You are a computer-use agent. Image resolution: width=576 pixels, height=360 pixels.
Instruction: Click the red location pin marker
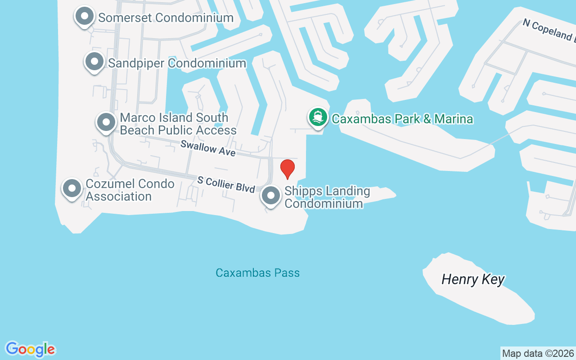[288, 169]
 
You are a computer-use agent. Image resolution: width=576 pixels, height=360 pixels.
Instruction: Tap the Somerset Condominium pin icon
[84, 17]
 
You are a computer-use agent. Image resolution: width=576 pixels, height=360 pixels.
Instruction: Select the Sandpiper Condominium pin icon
[94, 62]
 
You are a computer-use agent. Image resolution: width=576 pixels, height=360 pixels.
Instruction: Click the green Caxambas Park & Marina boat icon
[318, 117]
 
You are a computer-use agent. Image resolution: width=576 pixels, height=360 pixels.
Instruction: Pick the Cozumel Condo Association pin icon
[72, 189]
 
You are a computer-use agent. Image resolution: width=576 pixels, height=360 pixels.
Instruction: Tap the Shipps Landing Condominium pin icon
[271, 196]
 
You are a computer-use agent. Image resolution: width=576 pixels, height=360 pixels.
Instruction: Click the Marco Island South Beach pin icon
[106, 122]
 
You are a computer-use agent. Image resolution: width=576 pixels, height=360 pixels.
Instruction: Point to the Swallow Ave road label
[208, 148]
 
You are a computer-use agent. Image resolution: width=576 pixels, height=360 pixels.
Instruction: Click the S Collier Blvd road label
[226, 184]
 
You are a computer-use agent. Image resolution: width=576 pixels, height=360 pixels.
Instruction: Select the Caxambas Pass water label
[257, 273]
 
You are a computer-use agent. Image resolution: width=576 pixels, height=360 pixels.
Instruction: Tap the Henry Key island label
[473, 279]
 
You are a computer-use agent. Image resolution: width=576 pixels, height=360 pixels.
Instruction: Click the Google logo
[30, 349]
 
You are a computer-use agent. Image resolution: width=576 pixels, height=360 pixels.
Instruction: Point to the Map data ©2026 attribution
[538, 353]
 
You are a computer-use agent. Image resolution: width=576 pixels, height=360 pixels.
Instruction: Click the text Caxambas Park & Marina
[402, 119]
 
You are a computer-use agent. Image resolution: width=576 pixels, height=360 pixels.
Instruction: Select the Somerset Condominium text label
[166, 18]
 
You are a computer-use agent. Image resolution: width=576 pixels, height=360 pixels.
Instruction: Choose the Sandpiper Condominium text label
[177, 63]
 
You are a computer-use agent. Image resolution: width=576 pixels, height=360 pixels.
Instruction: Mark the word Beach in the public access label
[137, 130]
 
